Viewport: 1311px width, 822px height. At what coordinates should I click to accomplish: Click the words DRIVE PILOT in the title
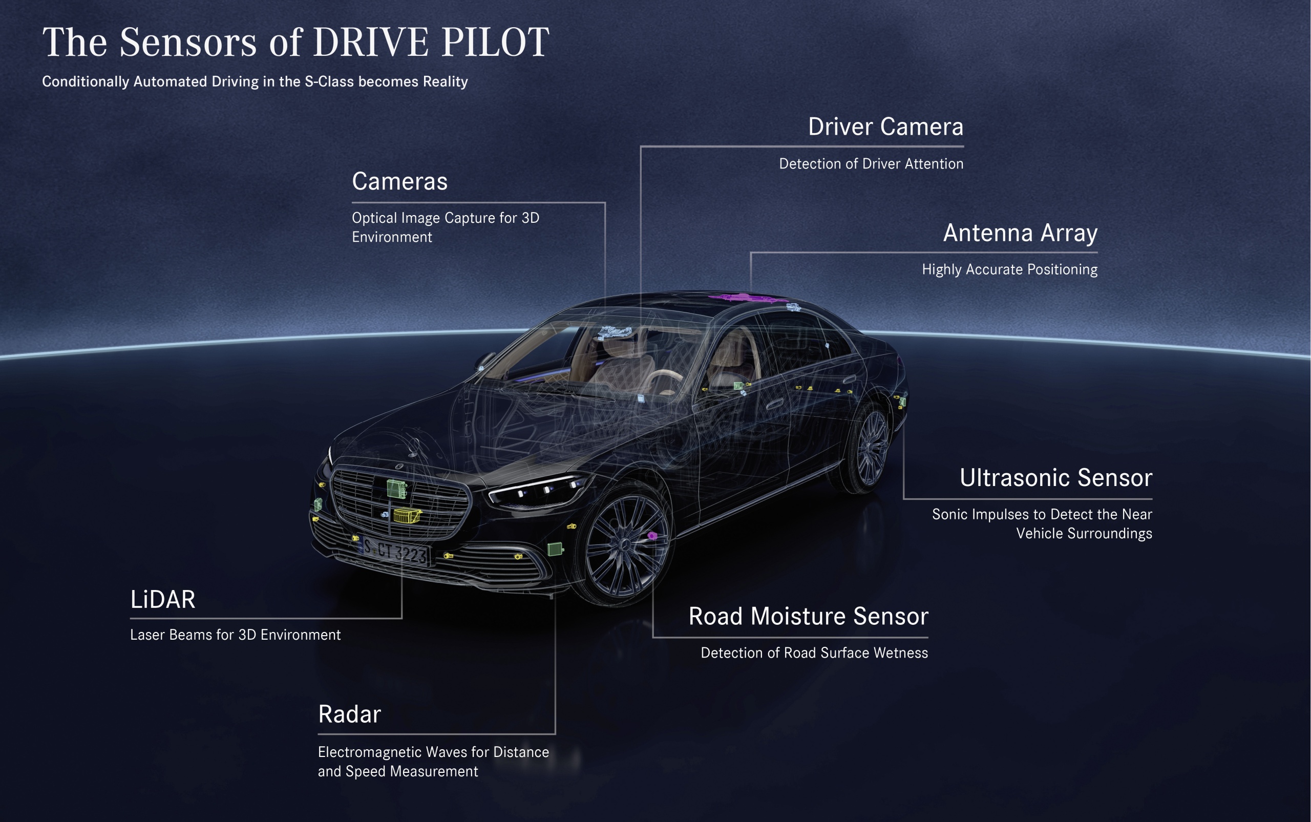click(x=431, y=42)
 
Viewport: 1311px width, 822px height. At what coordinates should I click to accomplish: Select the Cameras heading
click(x=399, y=181)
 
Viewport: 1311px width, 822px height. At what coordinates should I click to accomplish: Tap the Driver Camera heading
click(x=885, y=127)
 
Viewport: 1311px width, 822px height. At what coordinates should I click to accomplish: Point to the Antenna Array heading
click(x=1020, y=233)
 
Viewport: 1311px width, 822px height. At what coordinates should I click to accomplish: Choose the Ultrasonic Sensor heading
click(x=1055, y=478)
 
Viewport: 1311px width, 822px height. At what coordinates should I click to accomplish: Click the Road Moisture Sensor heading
click(x=808, y=617)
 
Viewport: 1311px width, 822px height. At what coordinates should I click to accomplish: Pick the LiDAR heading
click(x=162, y=600)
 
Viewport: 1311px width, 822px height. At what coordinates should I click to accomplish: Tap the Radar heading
click(x=349, y=714)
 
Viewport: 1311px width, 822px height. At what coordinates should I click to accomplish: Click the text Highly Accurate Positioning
click(x=1009, y=270)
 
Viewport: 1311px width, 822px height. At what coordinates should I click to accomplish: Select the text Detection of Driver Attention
click(x=871, y=164)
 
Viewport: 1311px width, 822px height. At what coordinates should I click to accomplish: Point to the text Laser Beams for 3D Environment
click(x=236, y=635)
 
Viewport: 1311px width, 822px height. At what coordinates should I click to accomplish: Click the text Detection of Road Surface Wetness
click(x=814, y=653)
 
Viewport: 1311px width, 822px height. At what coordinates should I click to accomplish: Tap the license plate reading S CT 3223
click(x=395, y=551)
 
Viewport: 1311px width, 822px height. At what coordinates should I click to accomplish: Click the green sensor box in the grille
click(x=397, y=488)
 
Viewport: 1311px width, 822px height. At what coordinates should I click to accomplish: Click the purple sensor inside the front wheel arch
click(x=652, y=536)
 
